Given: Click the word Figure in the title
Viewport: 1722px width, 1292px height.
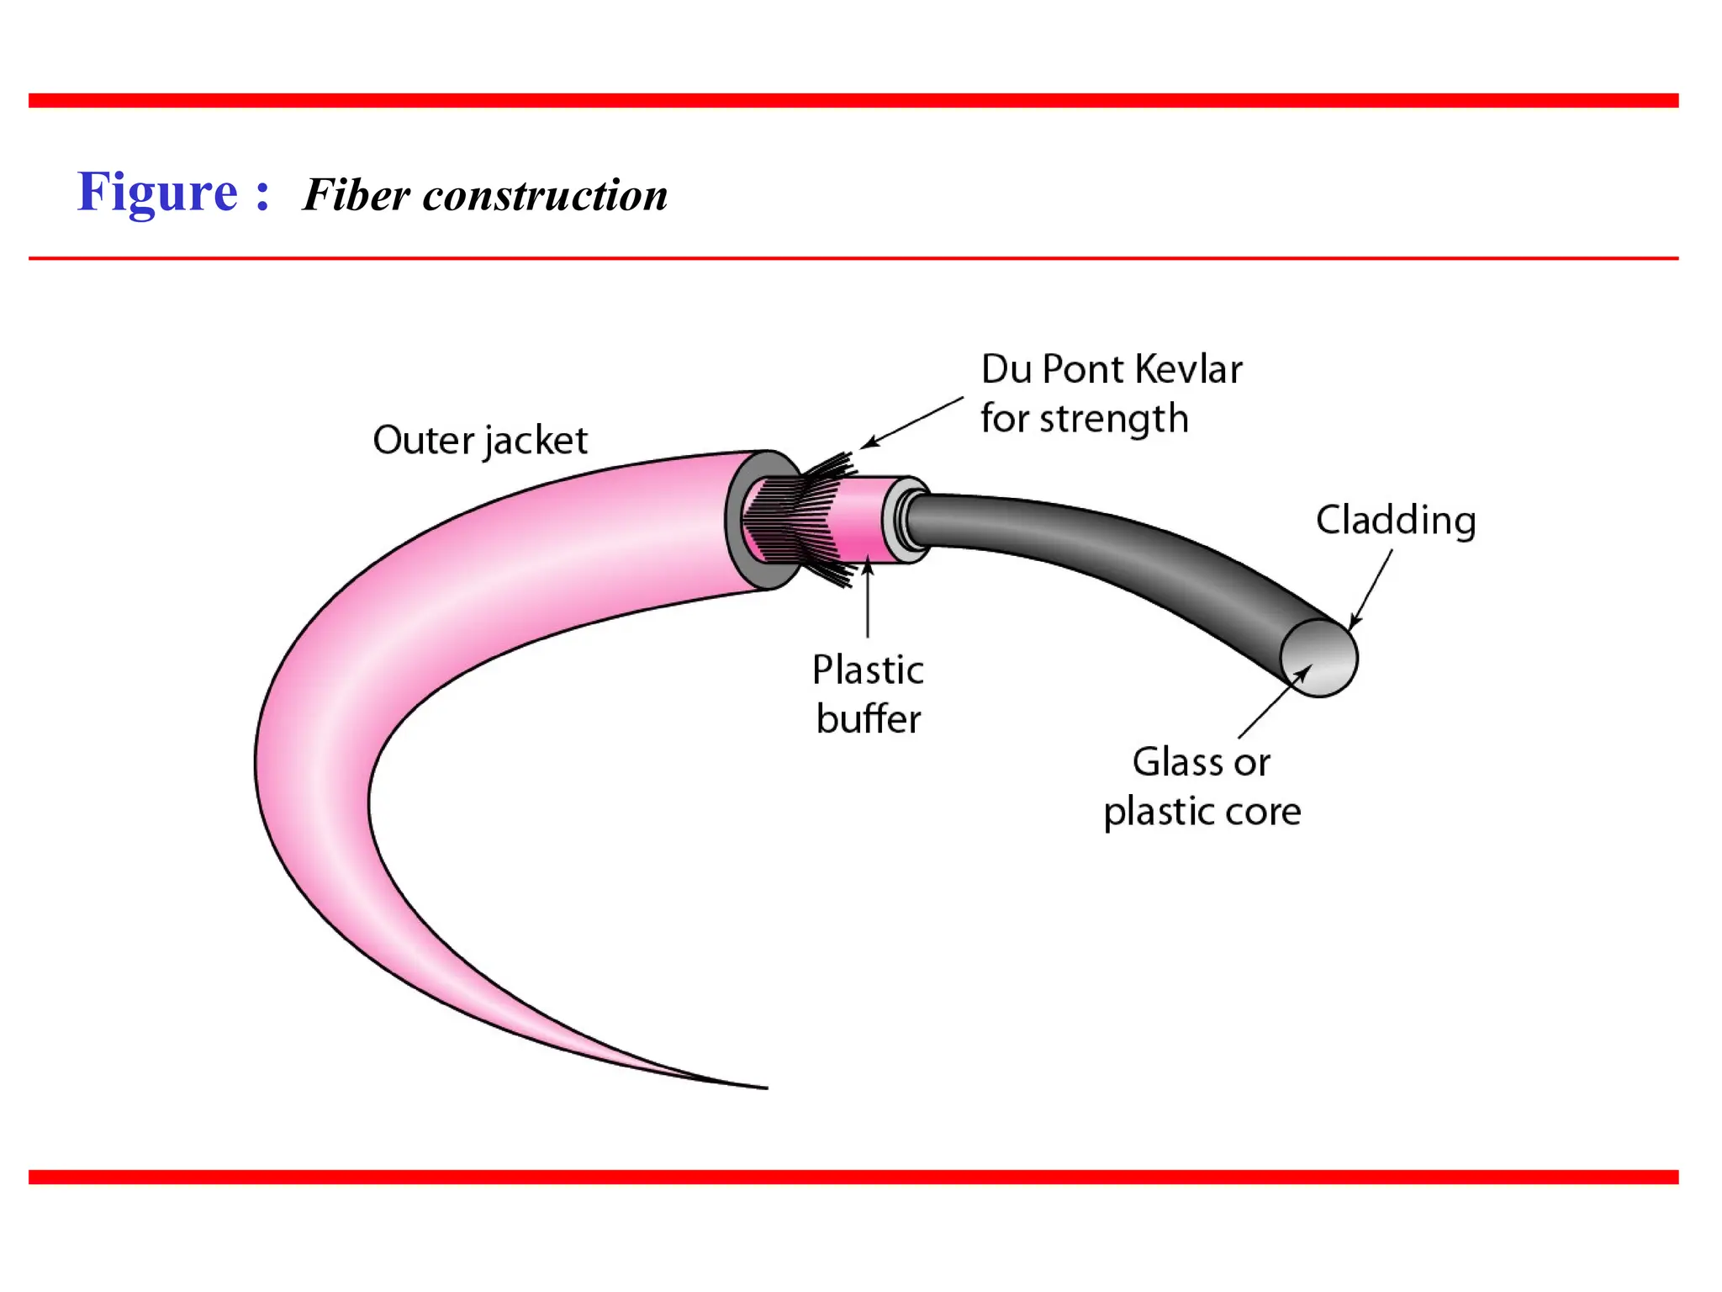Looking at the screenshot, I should (157, 193).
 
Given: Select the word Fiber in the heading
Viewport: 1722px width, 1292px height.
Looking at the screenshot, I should (357, 195).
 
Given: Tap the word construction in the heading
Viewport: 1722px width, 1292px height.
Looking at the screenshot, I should (545, 195).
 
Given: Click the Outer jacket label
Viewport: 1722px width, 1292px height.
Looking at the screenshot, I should (480, 441).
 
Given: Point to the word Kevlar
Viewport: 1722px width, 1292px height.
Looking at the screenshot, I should (1188, 369).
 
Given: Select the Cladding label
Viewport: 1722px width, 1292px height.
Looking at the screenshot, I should (1396, 520).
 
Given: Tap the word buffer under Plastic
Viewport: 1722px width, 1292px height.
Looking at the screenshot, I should (869, 720).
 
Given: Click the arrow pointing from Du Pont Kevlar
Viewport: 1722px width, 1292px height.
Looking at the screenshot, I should (912, 422).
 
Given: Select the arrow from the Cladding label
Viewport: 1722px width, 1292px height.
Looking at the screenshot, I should (1371, 589).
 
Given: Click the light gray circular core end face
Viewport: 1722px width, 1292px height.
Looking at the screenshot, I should (1319, 659).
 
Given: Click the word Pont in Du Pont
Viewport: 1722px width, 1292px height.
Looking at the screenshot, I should (1083, 369).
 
